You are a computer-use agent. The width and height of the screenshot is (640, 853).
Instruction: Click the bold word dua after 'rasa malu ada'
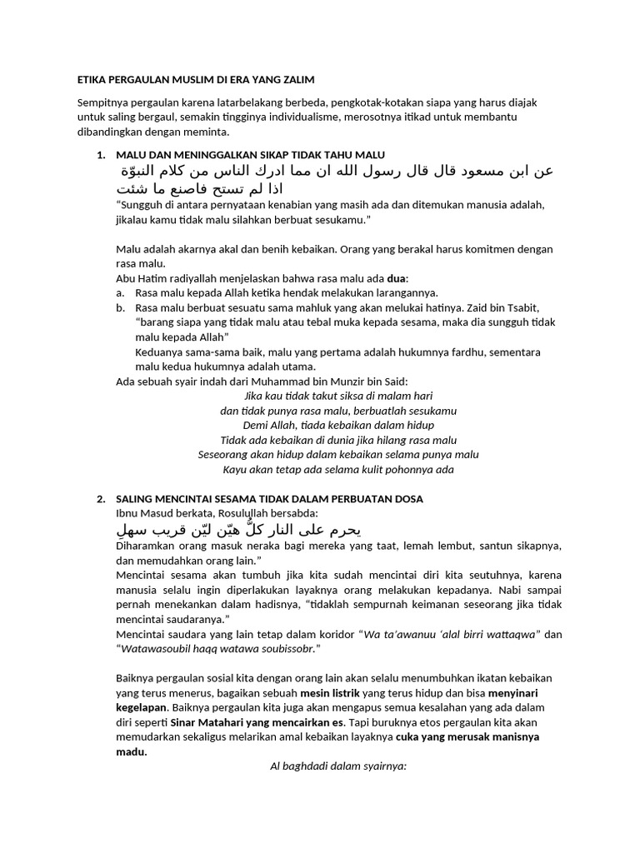(398, 278)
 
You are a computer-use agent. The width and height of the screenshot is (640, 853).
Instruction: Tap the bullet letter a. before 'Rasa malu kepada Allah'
(121, 292)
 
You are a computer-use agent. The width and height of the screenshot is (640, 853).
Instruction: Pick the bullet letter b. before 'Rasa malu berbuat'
(121, 307)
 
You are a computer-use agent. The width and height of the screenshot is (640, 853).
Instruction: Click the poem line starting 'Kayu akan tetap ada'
(338, 469)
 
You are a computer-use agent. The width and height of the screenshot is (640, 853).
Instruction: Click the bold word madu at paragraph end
(131, 751)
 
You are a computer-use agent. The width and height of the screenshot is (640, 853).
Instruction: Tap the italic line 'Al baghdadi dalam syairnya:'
(338, 766)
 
